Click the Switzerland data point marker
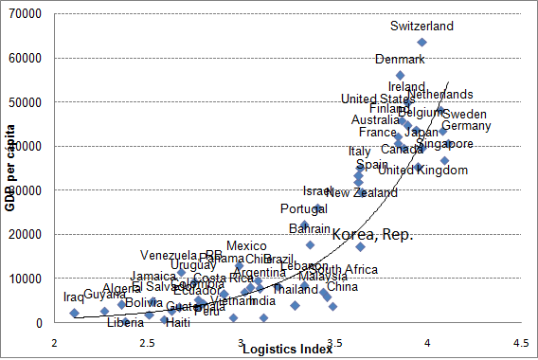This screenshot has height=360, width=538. point(421,42)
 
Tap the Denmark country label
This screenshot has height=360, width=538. point(400,59)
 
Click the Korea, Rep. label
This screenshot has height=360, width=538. point(371,232)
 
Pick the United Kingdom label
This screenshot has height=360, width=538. point(422,171)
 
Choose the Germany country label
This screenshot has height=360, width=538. point(466,126)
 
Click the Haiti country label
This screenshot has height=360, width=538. point(177,322)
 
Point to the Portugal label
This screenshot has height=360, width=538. point(303,208)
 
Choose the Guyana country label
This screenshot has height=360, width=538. point(104,295)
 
